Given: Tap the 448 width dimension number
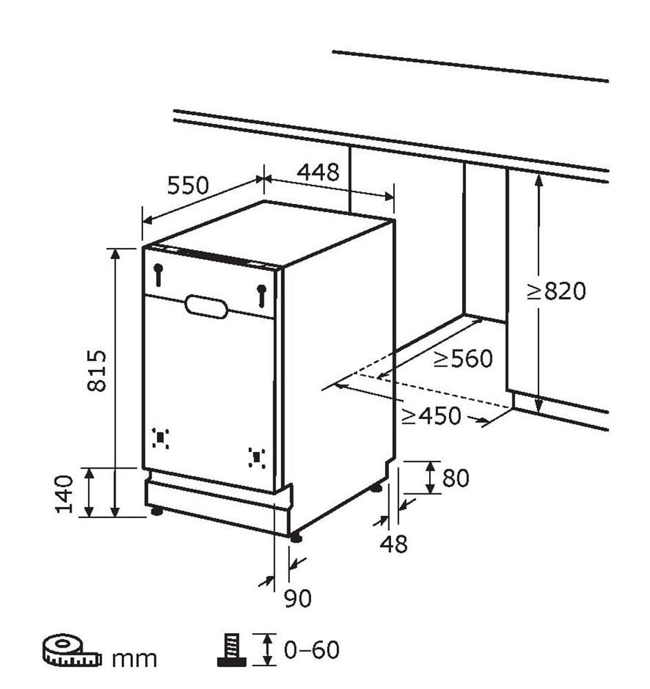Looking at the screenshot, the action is (x=318, y=172).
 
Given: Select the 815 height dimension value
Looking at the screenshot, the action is (x=96, y=371).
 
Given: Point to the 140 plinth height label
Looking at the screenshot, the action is (x=64, y=494).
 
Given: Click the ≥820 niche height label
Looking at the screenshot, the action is (x=556, y=291).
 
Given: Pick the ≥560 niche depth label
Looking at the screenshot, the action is (x=463, y=358).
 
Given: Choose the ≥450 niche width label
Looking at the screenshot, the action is (x=431, y=415).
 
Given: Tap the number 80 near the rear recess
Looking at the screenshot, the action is (x=455, y=477).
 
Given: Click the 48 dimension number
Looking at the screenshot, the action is (x=394, y=544).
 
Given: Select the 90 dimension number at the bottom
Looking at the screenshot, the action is (x=297, y=597).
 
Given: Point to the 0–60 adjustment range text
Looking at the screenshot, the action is (x=312, y=650).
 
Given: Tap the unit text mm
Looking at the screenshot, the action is (x=134, y=659).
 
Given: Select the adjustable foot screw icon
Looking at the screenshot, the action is (x=231, y=650).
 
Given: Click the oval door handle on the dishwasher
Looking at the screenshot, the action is (x=206, y=307).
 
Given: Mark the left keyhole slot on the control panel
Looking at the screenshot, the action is (x=158, y=275).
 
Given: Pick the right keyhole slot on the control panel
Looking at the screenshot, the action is (x=262, y=296).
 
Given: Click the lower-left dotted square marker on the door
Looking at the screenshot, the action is (x=160, y=438).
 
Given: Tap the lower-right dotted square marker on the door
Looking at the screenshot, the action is (x=256, y=458).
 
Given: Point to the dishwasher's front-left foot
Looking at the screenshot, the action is (x=156, y=511).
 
